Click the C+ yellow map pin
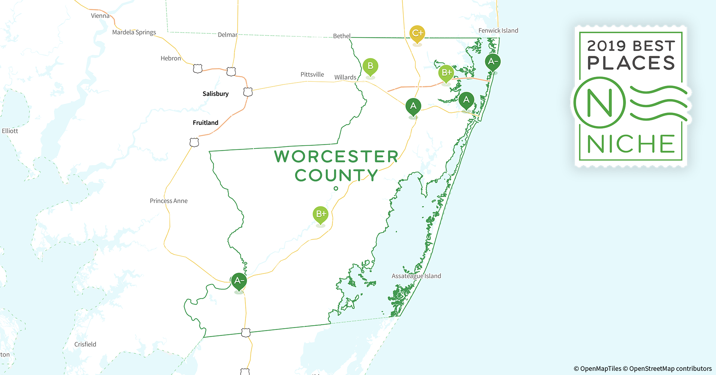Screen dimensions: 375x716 (417, 34)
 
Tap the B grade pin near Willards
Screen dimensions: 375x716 (370, 67)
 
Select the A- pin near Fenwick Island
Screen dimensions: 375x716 (493, 62)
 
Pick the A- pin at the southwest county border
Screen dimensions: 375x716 (239, 281)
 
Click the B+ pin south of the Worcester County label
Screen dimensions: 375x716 (321, 214)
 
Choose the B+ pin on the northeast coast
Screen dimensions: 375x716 (446, 73)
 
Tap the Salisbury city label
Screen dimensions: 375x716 (216, 94)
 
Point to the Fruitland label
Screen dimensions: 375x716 (205, 123)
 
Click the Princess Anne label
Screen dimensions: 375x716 (169, 201)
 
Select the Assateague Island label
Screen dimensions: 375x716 (416, 276)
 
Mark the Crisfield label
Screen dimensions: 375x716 (85, 344)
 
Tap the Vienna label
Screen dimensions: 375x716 (100, 16)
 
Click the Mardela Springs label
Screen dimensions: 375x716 (134, 32)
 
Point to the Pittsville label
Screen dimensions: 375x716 (312, 75)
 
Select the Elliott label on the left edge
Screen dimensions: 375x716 (10, 131)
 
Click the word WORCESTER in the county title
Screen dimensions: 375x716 (336, 156)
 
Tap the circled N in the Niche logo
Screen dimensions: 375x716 (599, 102)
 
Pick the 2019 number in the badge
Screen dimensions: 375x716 (606, 46)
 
